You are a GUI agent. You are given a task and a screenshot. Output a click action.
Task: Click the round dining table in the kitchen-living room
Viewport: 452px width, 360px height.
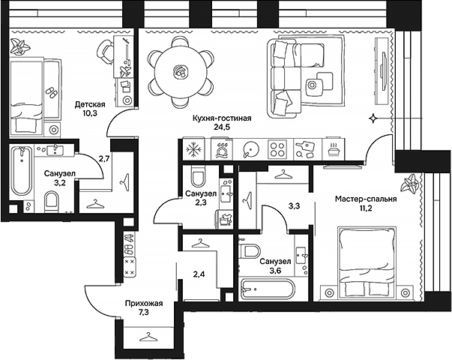point(179,72)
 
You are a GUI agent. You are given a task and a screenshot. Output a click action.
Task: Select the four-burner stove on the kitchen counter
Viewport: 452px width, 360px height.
point(277,148)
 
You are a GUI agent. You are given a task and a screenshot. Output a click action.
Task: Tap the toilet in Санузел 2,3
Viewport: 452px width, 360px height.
point(198,177)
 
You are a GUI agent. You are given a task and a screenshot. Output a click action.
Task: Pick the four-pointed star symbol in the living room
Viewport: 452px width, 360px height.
point(373,118)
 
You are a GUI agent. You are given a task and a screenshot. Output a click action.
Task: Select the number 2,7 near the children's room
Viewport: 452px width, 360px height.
point(104,159)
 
